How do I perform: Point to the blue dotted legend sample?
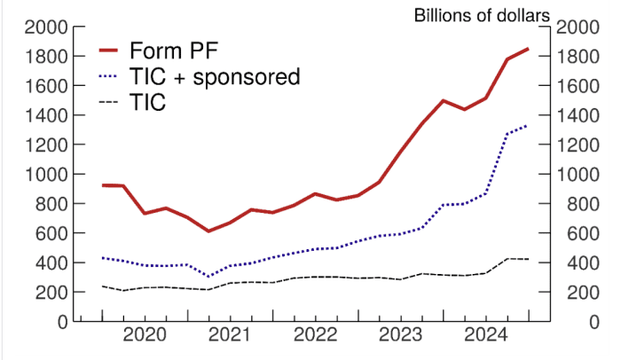[111, 76]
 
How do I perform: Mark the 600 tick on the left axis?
[52, 233]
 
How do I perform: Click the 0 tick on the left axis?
[63, 322]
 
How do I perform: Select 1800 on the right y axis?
[578, 57]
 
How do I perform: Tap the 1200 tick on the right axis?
[578, 145]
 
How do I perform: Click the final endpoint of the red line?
[528, 49]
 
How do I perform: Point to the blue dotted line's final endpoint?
[528, 125]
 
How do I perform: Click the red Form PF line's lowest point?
[208, 231]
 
